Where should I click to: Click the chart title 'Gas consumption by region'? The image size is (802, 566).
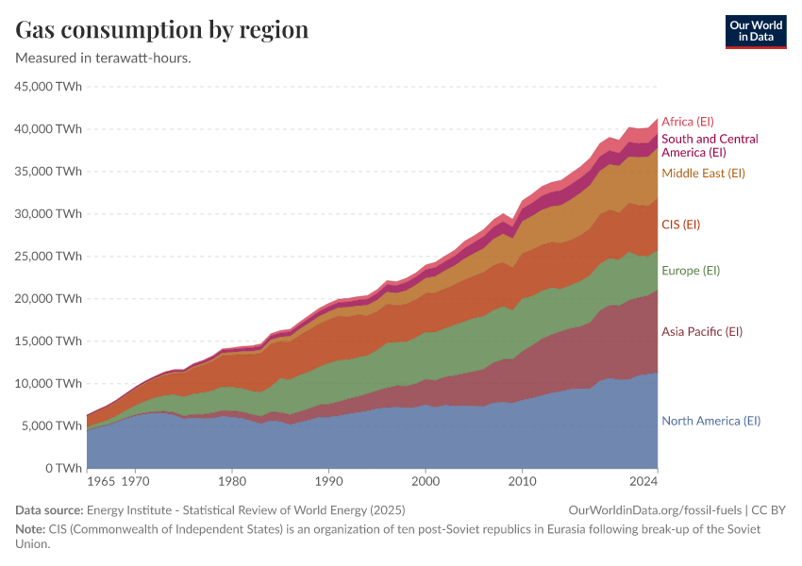coord(162,29)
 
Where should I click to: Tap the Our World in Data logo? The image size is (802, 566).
coord(756,31)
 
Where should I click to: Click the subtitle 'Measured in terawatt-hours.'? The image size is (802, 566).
coord(104,58)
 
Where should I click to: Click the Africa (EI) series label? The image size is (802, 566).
coord(688,122)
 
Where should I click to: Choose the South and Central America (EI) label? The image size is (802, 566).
coord(710,145)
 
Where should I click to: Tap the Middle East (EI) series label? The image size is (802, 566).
coord(703,174)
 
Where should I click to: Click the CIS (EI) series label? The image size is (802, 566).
coord(680,225)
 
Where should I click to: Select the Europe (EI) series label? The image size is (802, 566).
coord(691,271)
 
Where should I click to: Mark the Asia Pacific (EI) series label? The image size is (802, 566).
coord(702,332)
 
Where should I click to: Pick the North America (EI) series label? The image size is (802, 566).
coord(710,422)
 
